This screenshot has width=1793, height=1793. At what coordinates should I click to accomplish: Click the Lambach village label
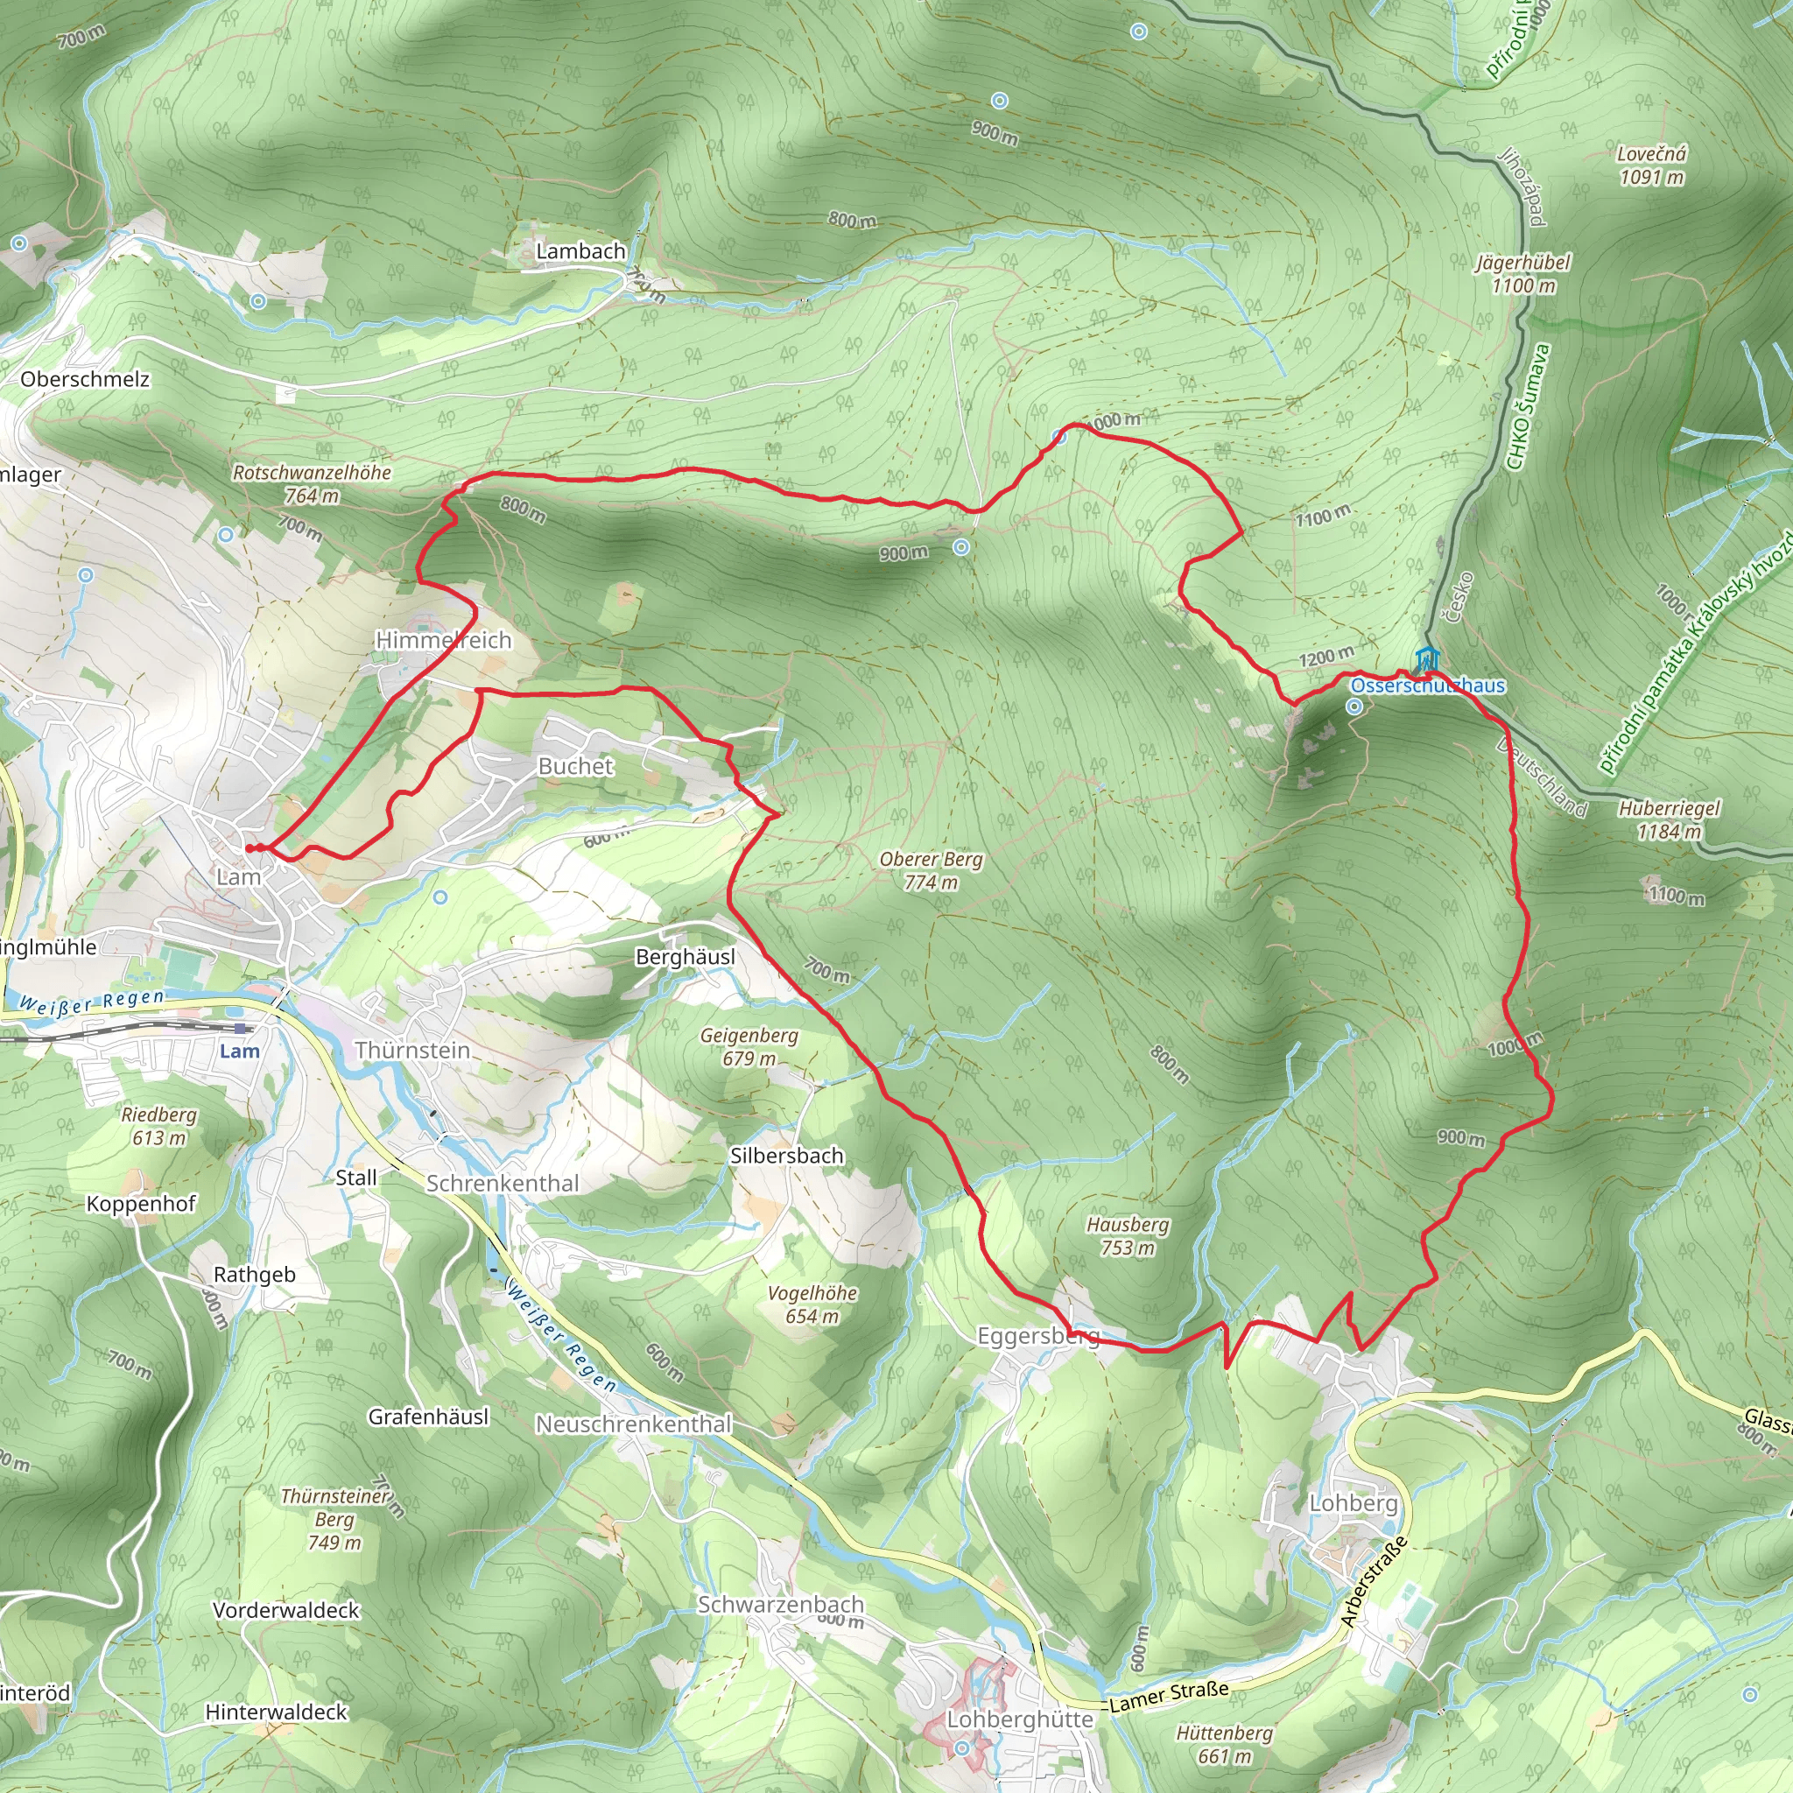click(580, 250)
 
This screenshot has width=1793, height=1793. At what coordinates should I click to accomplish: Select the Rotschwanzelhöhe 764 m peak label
click(312, 483)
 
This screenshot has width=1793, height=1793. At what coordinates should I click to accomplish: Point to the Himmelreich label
click(443, 639)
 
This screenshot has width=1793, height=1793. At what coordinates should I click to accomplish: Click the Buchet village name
click(575, 766)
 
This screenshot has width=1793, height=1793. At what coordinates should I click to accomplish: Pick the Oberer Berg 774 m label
click(931, 869)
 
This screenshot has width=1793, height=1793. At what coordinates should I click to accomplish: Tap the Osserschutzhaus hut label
click(1427, 686)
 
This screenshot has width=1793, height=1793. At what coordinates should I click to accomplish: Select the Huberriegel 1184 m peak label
click(1669, 819)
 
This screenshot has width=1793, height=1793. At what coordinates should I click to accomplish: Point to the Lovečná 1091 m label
click(1651, 165)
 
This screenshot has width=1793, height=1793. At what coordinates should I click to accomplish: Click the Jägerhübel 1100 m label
click(1523, 274)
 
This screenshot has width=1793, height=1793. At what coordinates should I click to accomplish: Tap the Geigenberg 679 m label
click(749, 1046)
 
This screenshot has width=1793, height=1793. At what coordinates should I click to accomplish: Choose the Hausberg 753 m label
click(1128, 1236)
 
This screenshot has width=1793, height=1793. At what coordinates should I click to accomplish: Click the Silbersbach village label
click(787, 1156)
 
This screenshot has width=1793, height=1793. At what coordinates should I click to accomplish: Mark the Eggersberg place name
click(1038, 1335)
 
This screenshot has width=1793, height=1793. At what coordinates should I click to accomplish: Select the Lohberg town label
click(1354, 1502)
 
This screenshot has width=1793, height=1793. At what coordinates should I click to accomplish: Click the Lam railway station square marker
click(242, 1029)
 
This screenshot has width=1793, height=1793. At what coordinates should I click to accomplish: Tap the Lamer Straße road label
click(1170, 1697)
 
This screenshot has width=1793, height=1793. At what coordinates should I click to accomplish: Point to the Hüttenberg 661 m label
click(1224, 1745)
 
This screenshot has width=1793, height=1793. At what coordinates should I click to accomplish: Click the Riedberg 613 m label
click(158, 1126)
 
